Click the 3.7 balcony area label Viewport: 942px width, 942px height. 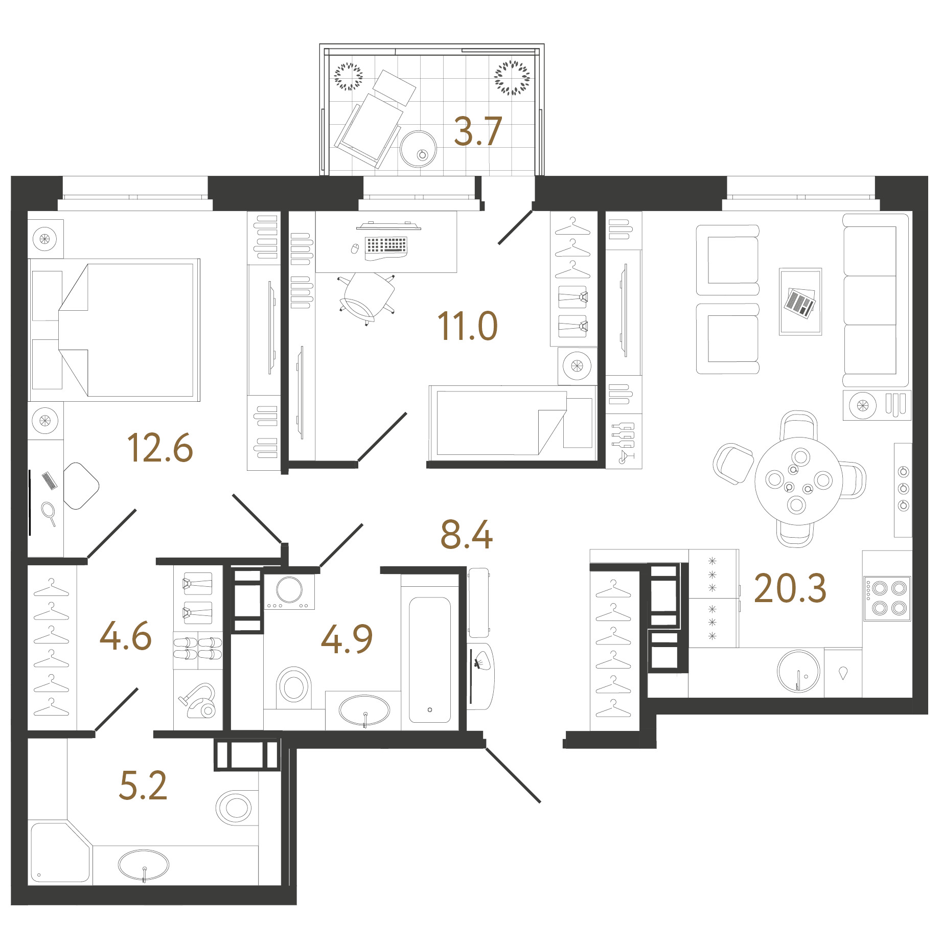(x=478, y=131)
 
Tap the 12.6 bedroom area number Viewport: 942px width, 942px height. (x=160, y=448)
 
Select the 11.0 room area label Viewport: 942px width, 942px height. (x=467, y=326)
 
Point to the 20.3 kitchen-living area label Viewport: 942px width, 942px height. (x=790, y=588)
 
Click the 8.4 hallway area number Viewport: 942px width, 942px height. (x=467, y=535)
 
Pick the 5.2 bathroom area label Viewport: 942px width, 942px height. (x=143, y=785)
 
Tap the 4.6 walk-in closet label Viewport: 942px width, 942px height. (x=126, y=636)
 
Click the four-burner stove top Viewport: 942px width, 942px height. (x=888, y=599)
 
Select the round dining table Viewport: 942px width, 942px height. (x=798, y=481)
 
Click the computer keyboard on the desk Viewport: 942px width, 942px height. (x=386, y=246)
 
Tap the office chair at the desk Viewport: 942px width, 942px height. (x=367, y=298)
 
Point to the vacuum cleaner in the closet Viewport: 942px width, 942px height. (x=198, y=701)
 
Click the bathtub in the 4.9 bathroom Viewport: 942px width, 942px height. (x=430, y=660)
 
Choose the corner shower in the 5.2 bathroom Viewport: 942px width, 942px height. (x=60, y=852)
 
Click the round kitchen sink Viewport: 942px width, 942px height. (x=798, y=671)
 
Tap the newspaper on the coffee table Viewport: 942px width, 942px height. (x=800, y=303)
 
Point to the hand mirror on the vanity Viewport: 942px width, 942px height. (x=49, y=513)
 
